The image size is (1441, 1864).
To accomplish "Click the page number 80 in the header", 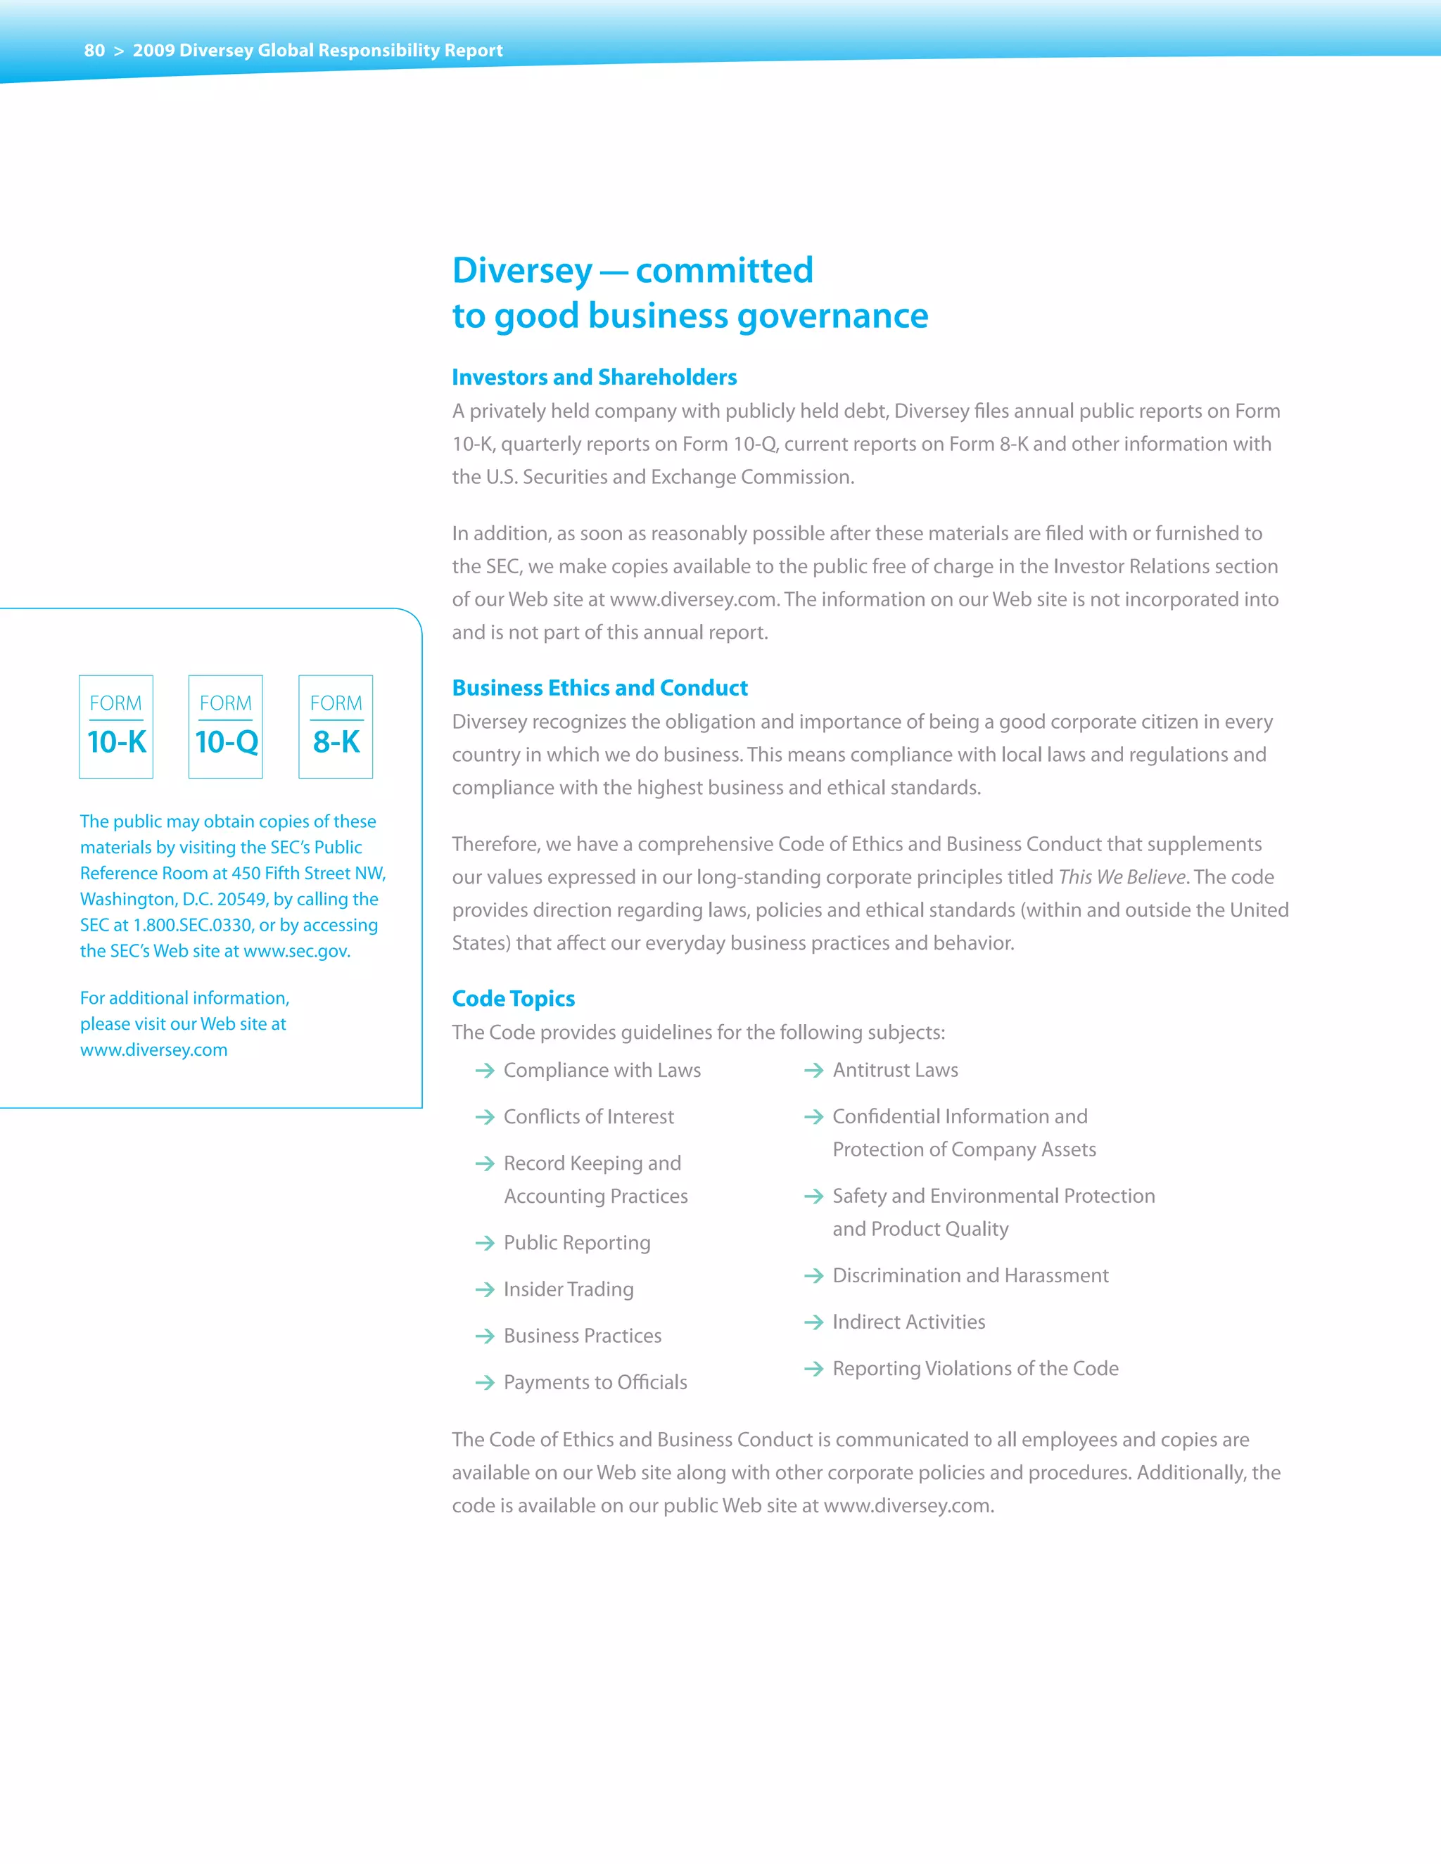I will coord(94,51).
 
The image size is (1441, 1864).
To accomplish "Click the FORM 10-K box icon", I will coord(116,727).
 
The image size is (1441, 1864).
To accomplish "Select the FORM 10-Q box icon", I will coord(225,727).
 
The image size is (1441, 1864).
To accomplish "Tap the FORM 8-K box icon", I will coord(336,727).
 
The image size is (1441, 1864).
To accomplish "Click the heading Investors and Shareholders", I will coord(594,377).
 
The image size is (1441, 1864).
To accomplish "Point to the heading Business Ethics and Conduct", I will coord(599,688).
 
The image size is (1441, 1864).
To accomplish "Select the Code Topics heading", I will coord(513,999).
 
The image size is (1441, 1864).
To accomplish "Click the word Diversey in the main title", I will coord(521,271).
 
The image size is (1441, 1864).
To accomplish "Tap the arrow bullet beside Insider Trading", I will coord(485,1289).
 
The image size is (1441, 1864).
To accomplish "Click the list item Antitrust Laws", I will coord(895,1071).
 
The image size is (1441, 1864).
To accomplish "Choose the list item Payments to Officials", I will coord(595,1383).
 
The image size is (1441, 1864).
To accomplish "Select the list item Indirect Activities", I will coord(908,1322).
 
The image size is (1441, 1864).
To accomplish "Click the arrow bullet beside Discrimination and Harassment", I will coord(813,1276).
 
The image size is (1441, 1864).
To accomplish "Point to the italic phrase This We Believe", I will coord(1122,877).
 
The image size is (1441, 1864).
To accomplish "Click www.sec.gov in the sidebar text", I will coord(296,951).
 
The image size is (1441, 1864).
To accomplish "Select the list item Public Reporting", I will coord(576,1243).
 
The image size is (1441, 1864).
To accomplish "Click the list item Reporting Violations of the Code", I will coord(975,1369).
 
